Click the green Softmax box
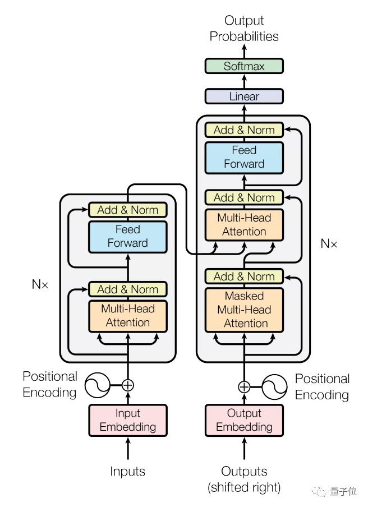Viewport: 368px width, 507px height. (244, 66)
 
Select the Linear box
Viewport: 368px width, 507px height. (244, 96)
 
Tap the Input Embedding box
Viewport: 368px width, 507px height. (128, 420)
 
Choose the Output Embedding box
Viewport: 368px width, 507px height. (244, 420)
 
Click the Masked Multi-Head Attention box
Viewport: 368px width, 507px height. (244, 310)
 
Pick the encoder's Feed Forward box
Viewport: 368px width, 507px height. (128, 236)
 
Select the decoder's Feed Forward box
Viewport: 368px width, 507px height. (244, 157)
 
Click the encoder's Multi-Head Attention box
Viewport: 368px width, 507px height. (128, 315)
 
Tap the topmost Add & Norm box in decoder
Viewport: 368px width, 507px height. (244, 130)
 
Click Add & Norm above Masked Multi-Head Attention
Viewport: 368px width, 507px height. (244, 276)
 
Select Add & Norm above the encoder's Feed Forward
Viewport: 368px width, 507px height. (128, 210)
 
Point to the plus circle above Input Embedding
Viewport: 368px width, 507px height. (128, 385)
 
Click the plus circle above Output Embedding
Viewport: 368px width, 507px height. (244, 387)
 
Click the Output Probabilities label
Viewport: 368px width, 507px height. (244, 29)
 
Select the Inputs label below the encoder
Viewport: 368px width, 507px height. (128, 471)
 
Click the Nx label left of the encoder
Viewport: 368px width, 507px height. (40, 284)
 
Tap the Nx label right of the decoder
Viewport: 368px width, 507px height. (329, 243)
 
